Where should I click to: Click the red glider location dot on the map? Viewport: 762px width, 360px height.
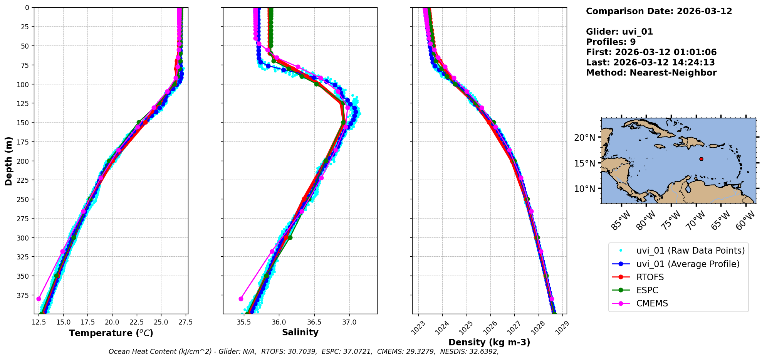[x=701, y=159]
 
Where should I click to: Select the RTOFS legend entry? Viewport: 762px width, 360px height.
[x=650, y=277]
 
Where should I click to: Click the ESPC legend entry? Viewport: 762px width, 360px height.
[x=647, y=290]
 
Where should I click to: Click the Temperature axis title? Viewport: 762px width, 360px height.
[x=111, y=333]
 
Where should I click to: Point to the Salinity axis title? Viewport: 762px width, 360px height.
[x=300, y=332]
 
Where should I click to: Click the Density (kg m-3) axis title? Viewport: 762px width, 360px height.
[x=489, y=342]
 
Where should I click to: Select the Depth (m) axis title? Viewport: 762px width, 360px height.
[x=8, y=161]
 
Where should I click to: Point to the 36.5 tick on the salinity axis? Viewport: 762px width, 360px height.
[x=314, y=322]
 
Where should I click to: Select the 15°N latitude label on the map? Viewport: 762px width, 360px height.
[x=584, y=163]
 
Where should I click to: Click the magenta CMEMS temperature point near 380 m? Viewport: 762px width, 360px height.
[x=39, y=299]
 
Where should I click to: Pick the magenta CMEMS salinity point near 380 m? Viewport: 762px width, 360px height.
[x=241, y=299]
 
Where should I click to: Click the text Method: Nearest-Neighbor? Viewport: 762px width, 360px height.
[x=651, y=73]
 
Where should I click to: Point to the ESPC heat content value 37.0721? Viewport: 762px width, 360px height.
[x=357, y=352]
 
